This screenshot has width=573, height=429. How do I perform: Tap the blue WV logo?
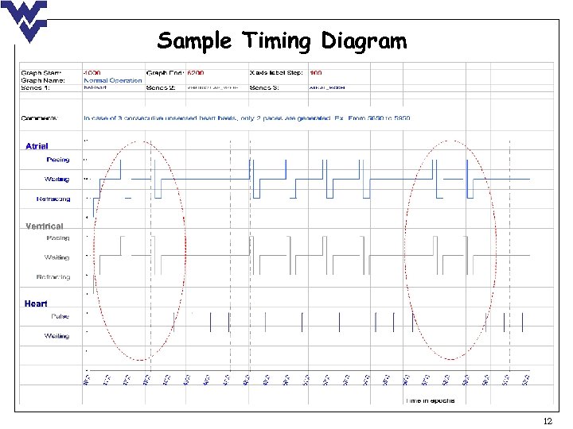pyautogui.click(x=24, y=21)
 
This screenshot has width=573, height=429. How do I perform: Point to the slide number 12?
pyautogui.click(x=546, y=420)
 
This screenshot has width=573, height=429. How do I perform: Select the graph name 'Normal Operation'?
pyautogui.click(x=113, y=80)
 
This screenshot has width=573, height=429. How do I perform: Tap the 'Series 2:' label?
pyautogui.click(x=162, y=87)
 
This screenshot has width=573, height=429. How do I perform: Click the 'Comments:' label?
pyautogui.click(x=40, y=118)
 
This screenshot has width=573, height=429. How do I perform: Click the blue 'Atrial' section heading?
pyautogui.click(x=37, y=146)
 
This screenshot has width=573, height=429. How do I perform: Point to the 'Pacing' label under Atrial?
pyautogui.click(x=57, y=160)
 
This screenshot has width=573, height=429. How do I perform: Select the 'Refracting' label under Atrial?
pyautogui.click(x=53, y=199)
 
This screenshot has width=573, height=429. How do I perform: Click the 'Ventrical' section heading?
pyautogui.click(x=44, y=226)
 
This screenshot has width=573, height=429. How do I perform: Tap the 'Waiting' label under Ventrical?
pyautogui.click(x=57, y=257)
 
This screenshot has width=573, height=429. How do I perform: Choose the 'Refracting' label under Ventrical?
pyautogui.click(x=53, y=277)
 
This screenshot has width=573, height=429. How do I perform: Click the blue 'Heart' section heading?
pyautogui.click(x=36, y=303)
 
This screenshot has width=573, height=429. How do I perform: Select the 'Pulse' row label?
pyautogui.click(x=60, y=316)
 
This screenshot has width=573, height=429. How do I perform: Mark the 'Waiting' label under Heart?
pyautogui.click(x=57, y=336)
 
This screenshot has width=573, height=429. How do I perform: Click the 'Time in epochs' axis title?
pyautogui.click(x=431, y=400)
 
